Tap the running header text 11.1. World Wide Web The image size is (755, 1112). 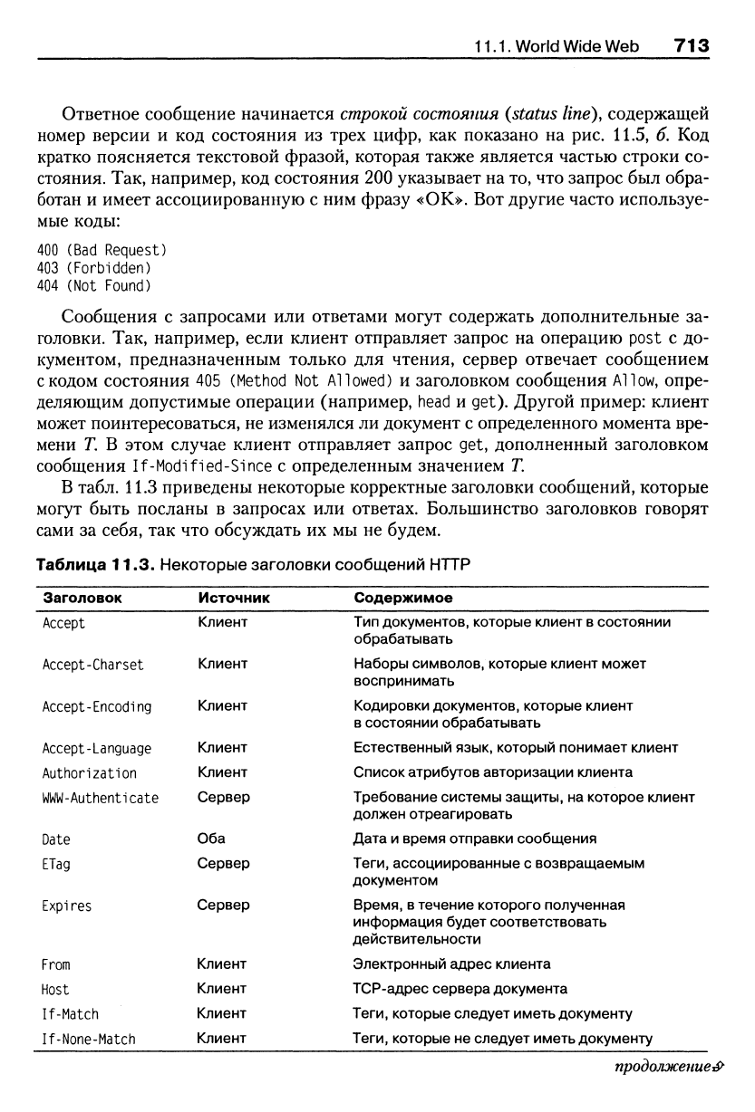(557, 46)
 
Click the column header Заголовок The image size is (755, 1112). (82, 599)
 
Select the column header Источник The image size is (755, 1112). (234, 599)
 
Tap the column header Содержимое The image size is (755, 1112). (403, 599)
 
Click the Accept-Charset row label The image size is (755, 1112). (93, 665)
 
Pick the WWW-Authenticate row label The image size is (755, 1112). (101, 798)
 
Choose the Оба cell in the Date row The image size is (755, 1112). (211, 839)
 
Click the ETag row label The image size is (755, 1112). (56, 864)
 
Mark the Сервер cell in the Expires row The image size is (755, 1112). (223, 905)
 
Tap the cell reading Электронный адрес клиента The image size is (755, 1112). (451, 963)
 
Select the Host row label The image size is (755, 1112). (55, 989)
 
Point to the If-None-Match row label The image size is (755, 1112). (89, 1039)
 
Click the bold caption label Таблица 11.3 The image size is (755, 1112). (91, 565)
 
